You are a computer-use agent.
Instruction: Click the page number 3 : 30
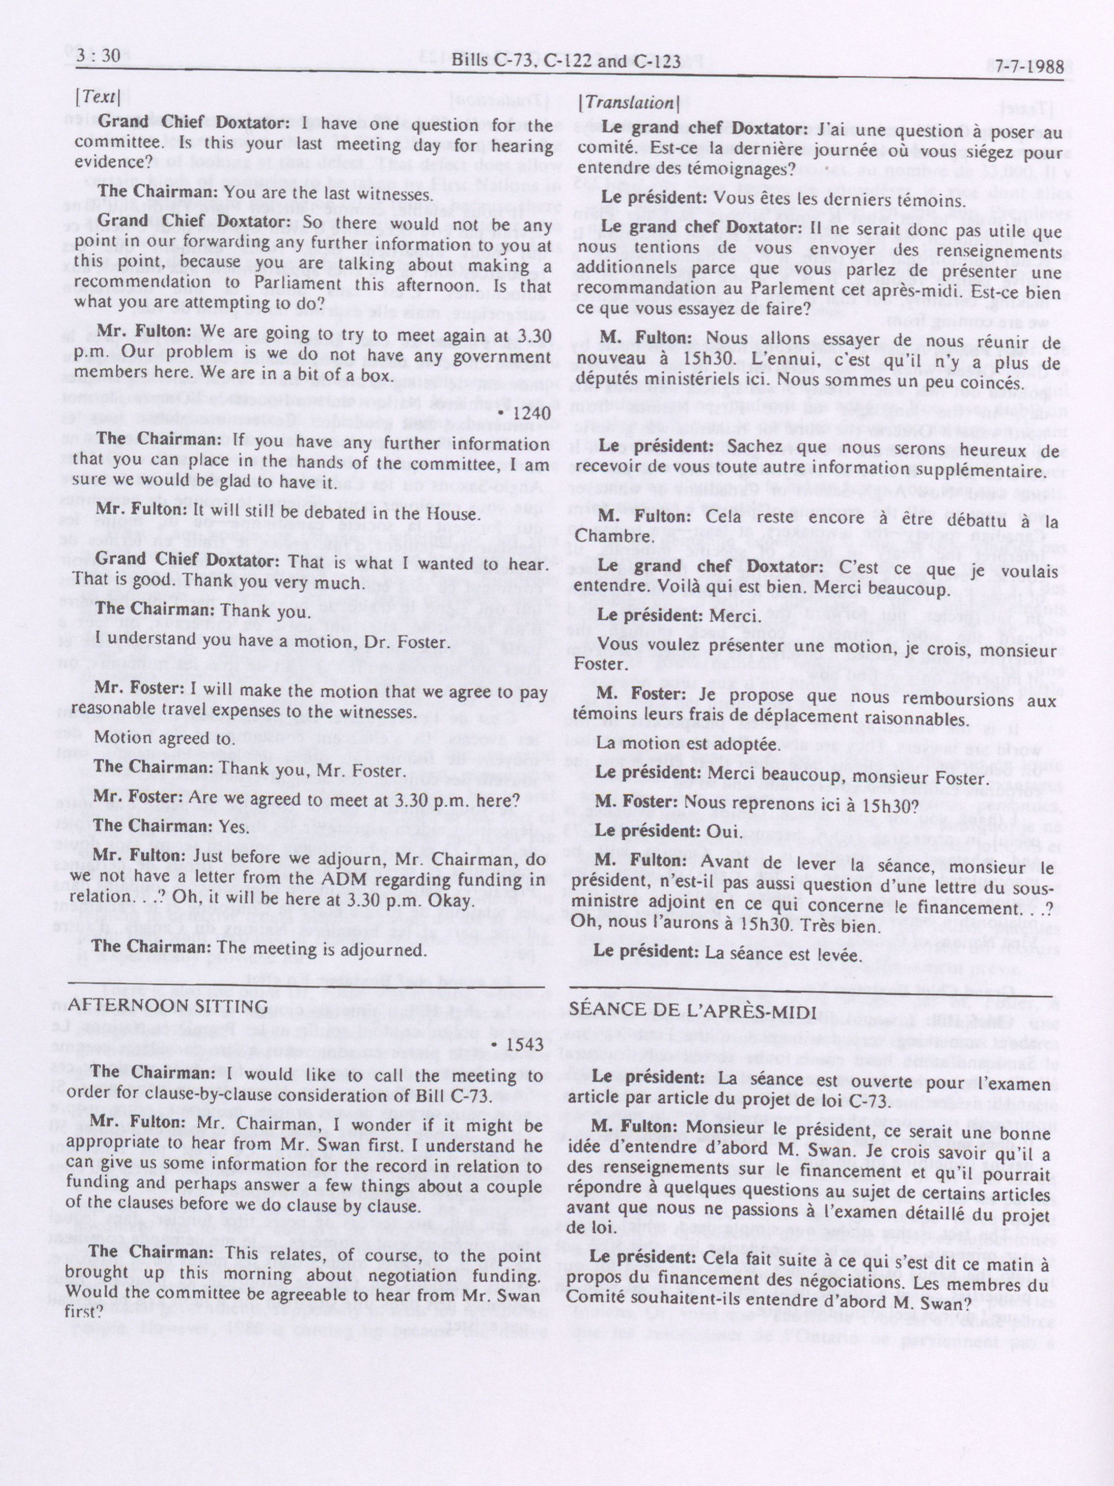[x=98, y=57]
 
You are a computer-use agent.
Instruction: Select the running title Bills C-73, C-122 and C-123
[x=567, y=62]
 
